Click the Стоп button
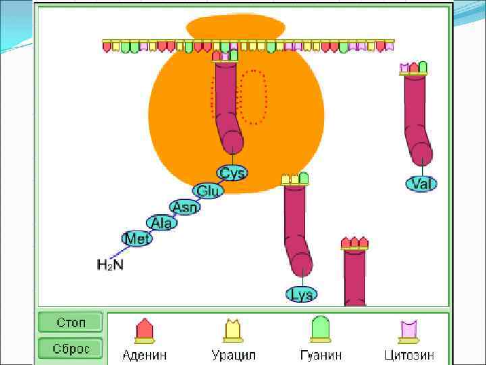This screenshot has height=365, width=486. click(x=70, y=322)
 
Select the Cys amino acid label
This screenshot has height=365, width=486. click(x=232, y=173)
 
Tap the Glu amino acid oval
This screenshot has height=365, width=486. click(x=208, y=191)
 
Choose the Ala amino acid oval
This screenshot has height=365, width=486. click(x=161, y=223)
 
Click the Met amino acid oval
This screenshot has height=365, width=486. click(x=137, y=239)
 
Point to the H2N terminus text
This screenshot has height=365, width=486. click(x=110, y=265)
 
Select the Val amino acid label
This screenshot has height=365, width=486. click(x=422, y=184)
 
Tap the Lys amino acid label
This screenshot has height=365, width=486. click(x=301, y=295)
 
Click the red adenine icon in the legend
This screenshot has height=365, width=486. click(x=144, y=331)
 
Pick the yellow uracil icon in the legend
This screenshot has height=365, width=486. click(x=234, y=331)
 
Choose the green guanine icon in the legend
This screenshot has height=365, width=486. click(x=321, y=329)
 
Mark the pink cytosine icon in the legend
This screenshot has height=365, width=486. click(x=409, y=331)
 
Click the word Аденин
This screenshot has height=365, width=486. click(x=144, y=355)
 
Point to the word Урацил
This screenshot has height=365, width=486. click(x=234, y=355)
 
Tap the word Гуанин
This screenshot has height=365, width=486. click(x=321, y=355)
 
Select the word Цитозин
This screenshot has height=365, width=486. click(x=409, y=355)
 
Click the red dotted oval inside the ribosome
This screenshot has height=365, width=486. click(x=253, y=97)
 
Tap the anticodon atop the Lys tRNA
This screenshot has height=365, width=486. click(x=295, y=179)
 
